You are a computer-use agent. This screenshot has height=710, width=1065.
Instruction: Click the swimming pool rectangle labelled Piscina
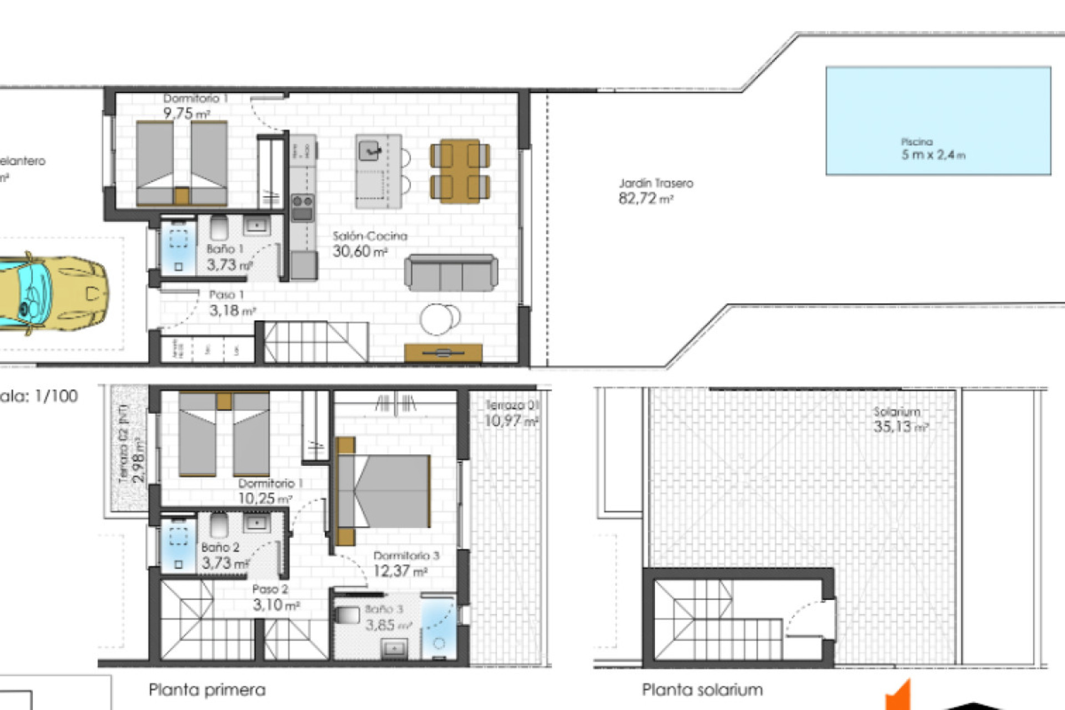pos(937,121)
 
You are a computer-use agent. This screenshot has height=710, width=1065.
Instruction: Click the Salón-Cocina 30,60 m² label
pos(369,244)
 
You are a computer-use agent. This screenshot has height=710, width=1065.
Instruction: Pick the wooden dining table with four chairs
pos(460,170)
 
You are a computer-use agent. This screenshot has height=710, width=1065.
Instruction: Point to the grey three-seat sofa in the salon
pos(450,273)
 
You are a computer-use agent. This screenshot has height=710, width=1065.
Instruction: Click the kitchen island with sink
pos(379,171)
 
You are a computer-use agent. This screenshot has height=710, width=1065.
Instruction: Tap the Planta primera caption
pos(207,689)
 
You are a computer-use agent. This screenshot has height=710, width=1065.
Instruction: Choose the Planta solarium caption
pos(702,689)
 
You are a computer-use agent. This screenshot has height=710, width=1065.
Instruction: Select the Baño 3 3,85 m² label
pos(387,617)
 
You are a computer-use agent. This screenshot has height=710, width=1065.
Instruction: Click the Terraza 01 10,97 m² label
pos(511,414)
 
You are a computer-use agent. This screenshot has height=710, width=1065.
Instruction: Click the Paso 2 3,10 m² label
pos(275,597)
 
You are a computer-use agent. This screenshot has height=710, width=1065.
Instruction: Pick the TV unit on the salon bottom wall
pos(443,352)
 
